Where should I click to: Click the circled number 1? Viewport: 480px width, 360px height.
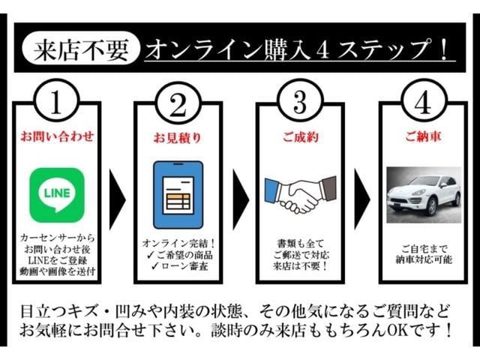click(57, 101)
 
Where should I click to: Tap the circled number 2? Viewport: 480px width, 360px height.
click(178, 105)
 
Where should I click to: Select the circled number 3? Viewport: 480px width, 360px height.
click(300, 101)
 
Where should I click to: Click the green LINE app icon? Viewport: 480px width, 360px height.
click(57, 195)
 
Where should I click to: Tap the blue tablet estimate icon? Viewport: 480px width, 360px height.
click(178, 195)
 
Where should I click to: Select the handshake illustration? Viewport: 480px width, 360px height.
click(301, 195)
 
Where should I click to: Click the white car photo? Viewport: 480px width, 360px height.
click(424, 195)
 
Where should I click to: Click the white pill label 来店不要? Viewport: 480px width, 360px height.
click(81, 48)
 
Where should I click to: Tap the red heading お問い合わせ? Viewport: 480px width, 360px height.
click(57, 136)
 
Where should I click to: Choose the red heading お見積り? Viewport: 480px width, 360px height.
click(178, 138)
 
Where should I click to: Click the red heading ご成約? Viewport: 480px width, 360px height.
click(301, 136)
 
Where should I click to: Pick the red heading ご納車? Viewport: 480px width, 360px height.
click(424, 136)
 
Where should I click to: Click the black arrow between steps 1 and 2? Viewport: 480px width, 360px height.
click(117, 199)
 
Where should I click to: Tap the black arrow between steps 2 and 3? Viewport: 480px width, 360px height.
click(240, 199)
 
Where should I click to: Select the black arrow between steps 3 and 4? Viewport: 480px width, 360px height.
click(362, 199)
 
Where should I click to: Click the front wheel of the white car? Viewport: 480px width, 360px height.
click(432, 207)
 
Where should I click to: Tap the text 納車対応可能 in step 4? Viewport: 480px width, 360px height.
click(424, 259)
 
